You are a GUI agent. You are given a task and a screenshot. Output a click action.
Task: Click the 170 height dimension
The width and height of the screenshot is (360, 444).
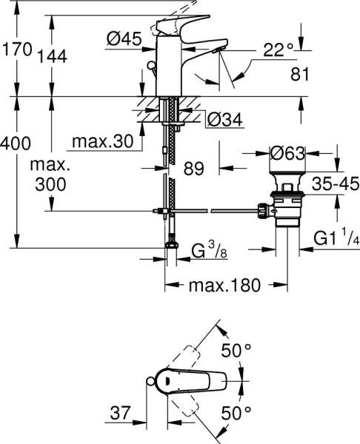click(x=16, y=50)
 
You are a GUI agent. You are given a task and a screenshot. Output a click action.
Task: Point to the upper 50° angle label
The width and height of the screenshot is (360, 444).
click(x=237, y=351)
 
